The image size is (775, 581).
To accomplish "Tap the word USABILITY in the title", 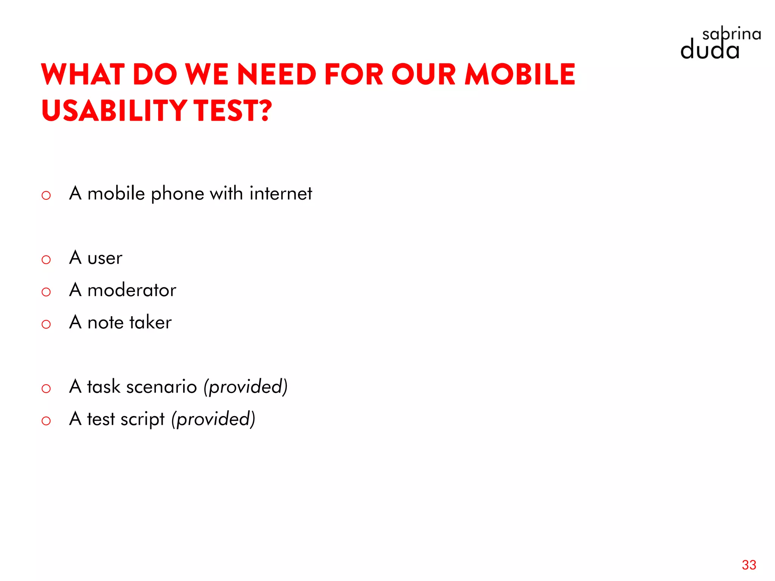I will coord(114,110).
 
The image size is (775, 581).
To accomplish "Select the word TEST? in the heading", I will coord(233,110).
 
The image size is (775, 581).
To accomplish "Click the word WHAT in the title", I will coord(83,75).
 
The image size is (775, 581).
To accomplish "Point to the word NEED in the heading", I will coord(276,75).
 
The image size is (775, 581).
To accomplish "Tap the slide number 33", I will coord(749,565).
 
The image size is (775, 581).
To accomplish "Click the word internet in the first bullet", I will coord(281,194).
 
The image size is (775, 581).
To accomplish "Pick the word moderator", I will coord(132,290).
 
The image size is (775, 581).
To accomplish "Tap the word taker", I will coord(150,323).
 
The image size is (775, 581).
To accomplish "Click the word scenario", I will coord(162,387).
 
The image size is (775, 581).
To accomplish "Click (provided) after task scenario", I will coord(246,387).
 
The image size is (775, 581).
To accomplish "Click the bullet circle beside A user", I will coord(46,260).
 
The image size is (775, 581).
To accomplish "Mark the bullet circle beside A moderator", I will coord(46,292).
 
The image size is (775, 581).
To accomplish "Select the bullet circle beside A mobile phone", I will coord(46,196).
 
